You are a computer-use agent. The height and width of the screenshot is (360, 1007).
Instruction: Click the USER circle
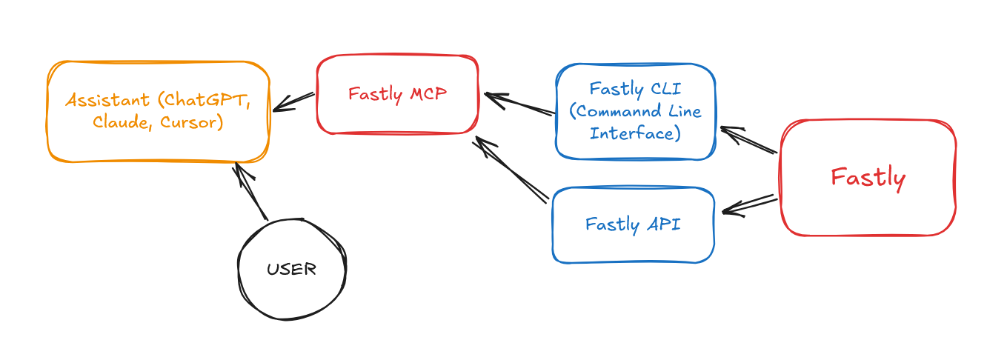coord(292,270)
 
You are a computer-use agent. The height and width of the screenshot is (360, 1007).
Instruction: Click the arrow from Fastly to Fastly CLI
coord(748,141)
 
